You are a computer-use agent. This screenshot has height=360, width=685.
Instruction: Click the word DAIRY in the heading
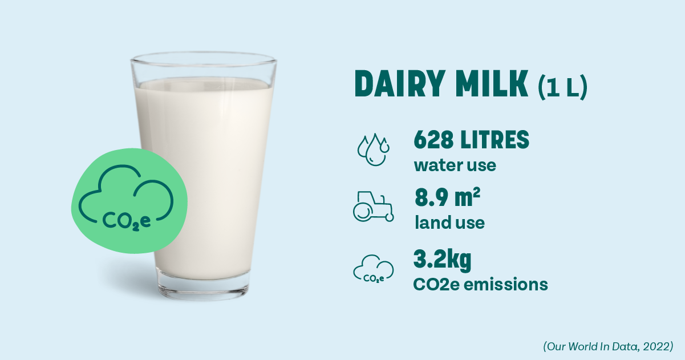point(400,84)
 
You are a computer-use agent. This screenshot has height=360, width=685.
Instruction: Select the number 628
point(433,139)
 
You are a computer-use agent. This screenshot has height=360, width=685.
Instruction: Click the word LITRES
point(495,139)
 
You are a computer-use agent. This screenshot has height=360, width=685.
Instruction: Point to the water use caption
point(455,165)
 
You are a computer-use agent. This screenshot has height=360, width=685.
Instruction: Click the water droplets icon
point(374,149)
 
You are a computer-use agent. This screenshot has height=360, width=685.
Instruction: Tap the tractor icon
point(374,207)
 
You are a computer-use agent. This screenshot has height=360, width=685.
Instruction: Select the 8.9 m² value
point(447,197)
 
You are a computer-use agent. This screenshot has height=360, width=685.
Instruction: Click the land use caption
point(450,223)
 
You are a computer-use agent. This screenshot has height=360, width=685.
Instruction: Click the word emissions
point(506,284)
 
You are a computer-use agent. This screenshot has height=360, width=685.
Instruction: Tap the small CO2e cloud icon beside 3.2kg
point(374,269)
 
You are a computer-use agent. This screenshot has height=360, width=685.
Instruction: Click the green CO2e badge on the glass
point(129,201)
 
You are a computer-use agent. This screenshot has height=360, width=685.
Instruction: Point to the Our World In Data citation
point(608,346)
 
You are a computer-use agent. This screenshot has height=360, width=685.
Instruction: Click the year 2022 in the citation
point(656,346)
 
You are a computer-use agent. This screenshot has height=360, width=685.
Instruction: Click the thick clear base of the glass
point(204,285)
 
